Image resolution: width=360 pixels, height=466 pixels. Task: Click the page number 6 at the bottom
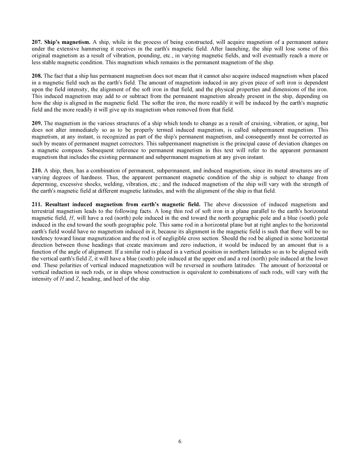180,441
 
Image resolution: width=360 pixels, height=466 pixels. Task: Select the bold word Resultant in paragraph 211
57,205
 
